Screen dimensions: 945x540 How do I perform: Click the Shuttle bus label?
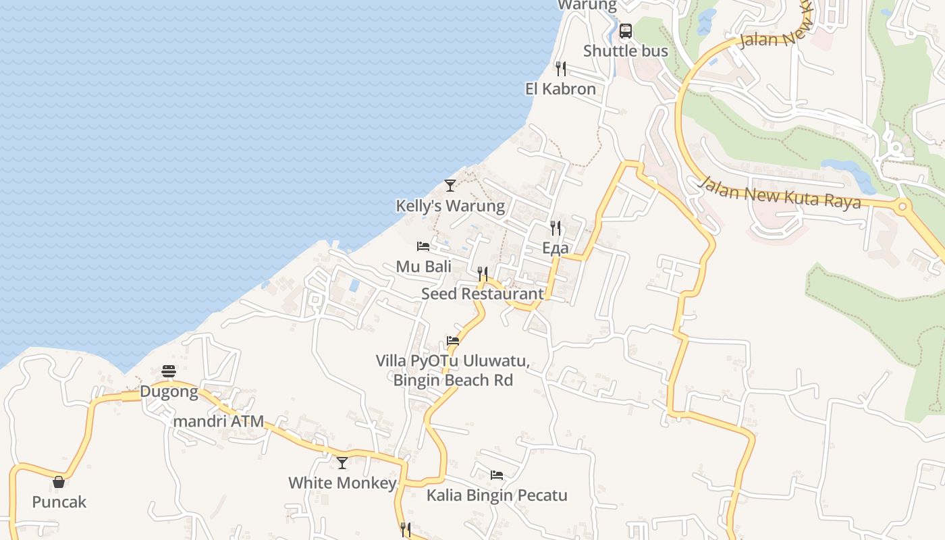point(625,51)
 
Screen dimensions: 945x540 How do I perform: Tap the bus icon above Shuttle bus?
point(626,31)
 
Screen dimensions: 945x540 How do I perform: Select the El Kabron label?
point(560,89)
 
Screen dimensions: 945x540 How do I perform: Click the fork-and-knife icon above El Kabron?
point(560,69)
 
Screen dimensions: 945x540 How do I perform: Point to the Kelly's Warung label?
point(450,206)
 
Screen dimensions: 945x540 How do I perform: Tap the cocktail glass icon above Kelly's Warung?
point(450,186)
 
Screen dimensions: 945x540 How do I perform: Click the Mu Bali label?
point(423,267)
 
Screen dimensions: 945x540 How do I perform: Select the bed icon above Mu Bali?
point(423,246)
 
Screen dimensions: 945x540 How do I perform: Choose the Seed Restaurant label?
point(482,294)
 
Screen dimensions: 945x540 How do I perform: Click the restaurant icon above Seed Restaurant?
point(483,273)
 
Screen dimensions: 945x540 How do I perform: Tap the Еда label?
point(555,248)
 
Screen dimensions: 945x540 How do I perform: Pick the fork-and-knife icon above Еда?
point(556,228)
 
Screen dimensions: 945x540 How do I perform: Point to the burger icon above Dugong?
point(169,371)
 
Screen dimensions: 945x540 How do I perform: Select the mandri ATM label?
point(218,421)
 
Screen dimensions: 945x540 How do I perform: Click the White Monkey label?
point(342,483)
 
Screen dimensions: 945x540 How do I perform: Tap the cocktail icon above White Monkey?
point(342,463)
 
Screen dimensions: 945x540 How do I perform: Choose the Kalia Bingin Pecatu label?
point(496,495)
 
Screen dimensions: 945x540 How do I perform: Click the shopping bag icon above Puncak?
point(59,482)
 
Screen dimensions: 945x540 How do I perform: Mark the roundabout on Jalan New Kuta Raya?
point(903,205)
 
